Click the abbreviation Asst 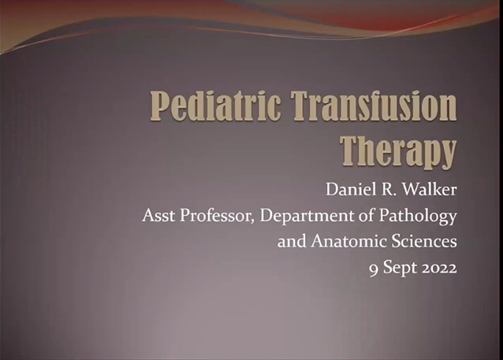(158, 215)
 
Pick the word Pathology (422, 216)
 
